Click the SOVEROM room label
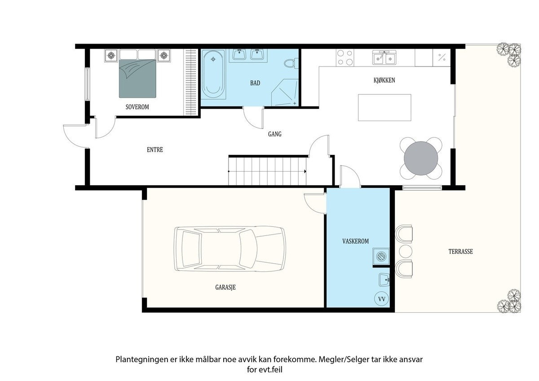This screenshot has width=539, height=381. coord(137,107)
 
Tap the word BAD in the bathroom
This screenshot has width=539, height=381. coord(255,83)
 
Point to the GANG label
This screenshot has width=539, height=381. coord(274,134)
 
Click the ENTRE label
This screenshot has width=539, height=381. coord(155,150)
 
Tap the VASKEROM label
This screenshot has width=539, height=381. coord(355,241)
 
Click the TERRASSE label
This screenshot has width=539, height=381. coord(460,252)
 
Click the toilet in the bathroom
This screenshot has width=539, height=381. coord(290,63)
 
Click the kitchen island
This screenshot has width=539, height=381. coord(384,107)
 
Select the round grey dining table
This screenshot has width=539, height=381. coord(421,158)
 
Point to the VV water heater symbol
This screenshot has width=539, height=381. coord(381,298)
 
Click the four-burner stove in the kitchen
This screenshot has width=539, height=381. coord(345,58)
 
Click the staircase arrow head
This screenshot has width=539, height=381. coord(305,171)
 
